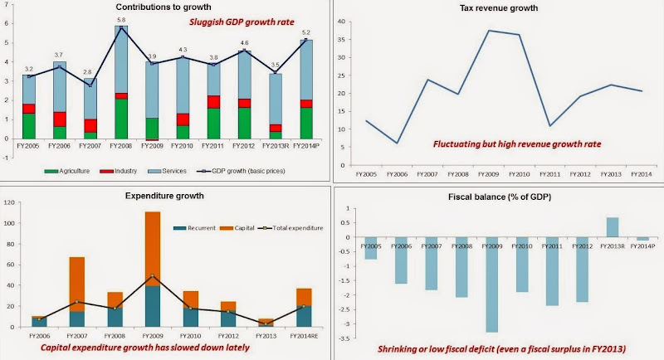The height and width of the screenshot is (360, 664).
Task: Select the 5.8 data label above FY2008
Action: pos(122,19)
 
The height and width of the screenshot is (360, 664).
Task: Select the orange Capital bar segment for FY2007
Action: pos(77,284)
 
